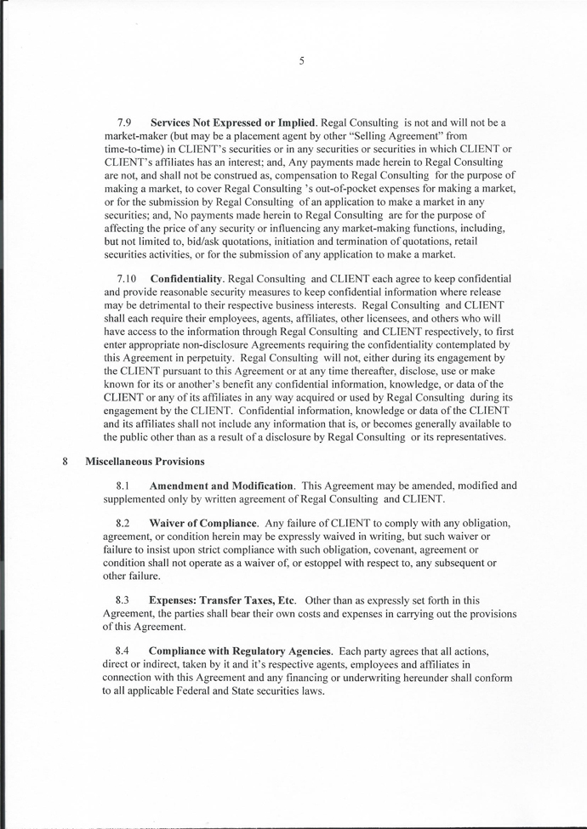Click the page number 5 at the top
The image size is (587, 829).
(301, 60)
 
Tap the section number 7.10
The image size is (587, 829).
(125, 279)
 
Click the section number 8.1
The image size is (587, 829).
(123, 485)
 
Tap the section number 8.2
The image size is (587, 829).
(123, 521)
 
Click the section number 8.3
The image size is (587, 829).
(123, 599)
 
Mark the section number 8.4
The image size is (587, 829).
(123, 650)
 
